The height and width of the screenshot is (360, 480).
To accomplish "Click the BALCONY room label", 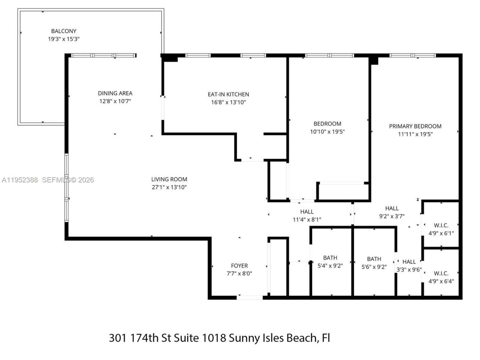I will (64, 31).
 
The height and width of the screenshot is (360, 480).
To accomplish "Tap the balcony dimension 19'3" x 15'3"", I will (64, 39).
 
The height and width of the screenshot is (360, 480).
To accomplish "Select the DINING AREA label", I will (115, 93).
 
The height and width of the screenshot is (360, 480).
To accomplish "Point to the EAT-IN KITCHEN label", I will (228, 94).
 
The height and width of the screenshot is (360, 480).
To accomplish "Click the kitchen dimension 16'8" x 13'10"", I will (228, 102).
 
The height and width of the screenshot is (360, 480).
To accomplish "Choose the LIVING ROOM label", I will (169, 180).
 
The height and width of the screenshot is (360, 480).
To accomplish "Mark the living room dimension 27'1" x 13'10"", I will (169, 187).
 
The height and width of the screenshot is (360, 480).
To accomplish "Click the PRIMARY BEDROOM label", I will (415, 126).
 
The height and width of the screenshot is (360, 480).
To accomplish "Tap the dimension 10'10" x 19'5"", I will (327, 132).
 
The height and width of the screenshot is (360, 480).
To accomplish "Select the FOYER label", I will (239, 266).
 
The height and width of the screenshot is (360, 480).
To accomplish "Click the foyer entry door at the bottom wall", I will (250, 297).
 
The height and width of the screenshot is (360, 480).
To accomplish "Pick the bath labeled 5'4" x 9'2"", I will (330, 262).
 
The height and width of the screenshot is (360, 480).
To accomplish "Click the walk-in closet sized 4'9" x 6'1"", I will (441, 229).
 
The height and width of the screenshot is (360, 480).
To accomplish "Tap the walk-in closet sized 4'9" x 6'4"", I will (441, 277).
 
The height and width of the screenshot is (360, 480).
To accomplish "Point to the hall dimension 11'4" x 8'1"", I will (307, 220).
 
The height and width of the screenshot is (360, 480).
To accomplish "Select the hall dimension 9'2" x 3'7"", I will (392, 216).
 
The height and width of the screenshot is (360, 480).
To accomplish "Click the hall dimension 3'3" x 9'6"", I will (409, 269).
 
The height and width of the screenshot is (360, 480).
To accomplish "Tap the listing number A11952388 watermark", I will (20, 180).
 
